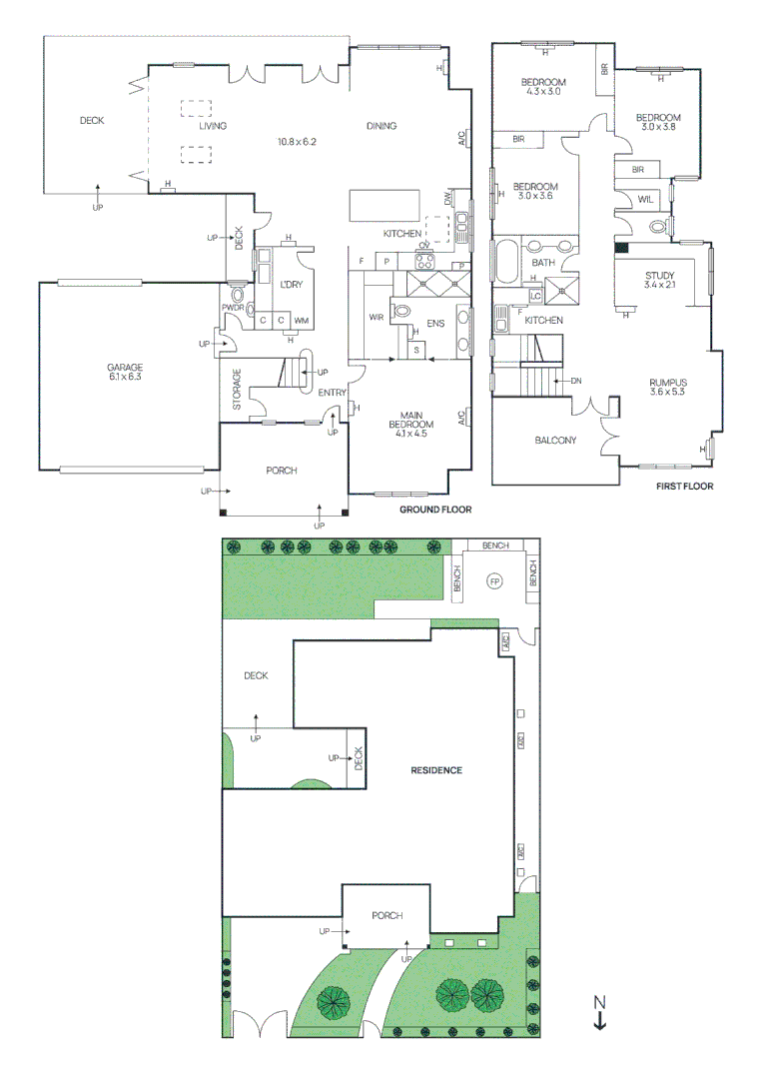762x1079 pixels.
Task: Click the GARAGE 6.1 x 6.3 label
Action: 126,373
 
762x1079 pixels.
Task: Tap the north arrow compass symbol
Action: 599,1013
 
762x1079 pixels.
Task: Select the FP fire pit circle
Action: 493,580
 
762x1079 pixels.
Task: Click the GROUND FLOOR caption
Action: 435,510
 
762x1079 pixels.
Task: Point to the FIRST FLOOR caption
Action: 684,487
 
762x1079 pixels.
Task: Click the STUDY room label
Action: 660,276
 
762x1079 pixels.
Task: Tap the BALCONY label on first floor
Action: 555,440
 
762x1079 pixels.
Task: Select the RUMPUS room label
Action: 669,383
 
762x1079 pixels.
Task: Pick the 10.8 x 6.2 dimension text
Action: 297,142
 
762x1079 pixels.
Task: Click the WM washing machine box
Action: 301,320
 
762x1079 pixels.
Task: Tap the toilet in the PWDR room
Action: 238,295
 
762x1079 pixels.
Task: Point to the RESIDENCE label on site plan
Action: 436,770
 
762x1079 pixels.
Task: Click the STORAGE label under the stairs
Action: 237,390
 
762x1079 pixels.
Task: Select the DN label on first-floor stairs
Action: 576,381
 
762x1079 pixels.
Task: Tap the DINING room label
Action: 381,126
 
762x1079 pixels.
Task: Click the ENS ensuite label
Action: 435,324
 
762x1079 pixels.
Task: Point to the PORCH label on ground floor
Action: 282,471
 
